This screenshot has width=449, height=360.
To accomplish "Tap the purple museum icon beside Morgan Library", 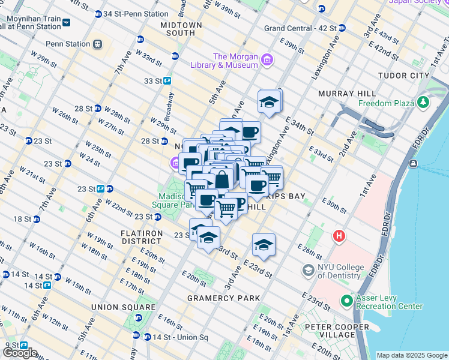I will pos(267,60).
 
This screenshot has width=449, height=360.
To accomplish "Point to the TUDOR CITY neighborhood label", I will pos(403,76).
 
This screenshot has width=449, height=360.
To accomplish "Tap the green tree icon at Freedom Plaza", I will pos(424,103).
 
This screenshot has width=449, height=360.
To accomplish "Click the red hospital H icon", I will pos(339,236).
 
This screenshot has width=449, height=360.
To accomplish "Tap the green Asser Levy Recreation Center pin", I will pos(346,301).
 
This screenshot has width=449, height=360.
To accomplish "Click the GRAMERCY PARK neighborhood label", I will pos(223,298).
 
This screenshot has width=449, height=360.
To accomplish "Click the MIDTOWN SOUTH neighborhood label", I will pos(181,29).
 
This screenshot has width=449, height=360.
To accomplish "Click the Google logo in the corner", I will pos(19,353).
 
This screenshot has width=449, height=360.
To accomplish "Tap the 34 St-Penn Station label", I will pos(136,13).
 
